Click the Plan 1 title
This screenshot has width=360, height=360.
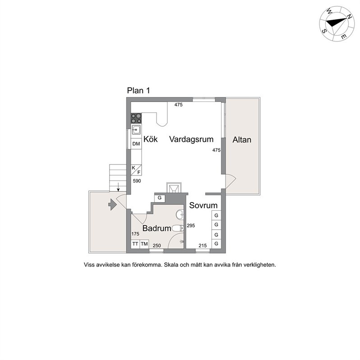[x=138, y=91]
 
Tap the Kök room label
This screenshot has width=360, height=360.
[x=151, y=139]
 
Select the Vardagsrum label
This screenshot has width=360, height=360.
[x=191, y=139]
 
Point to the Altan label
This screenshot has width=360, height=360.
[x=242, y=139]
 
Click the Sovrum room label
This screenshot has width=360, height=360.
[x=203, y=205]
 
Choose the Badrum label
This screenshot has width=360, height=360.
[x=157, y=228]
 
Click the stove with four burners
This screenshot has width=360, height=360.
[x=136, y=119]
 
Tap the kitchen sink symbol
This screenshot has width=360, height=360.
[x=136, y=130]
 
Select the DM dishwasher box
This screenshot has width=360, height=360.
[x=136, y=144]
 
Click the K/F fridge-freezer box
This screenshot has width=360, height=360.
[x=136, y=170]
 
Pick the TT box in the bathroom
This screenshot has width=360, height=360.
[x=135, y=244]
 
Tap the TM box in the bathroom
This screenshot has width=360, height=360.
[x=144, y=244]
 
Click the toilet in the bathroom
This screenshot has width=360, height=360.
[x=178, y=228]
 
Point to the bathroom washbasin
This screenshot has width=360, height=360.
[x=180, y=215]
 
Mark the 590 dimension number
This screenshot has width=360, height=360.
[x=137, y=181]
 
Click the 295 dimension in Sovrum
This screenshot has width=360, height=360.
[x=191, y=226]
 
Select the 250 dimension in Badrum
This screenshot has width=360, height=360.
[x=157, y=246]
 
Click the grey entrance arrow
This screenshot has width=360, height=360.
[x=112, y=204]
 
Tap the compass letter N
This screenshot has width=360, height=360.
[x=349, y=17]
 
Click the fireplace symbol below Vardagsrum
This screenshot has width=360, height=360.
[x=174, y=188]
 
